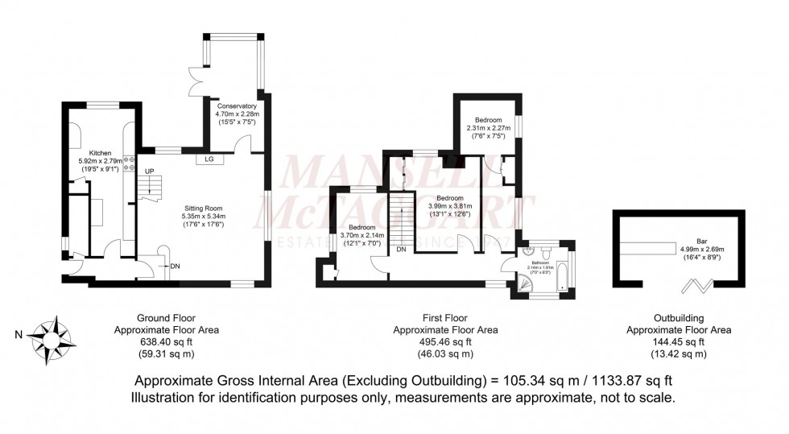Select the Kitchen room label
100,152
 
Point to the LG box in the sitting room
209,159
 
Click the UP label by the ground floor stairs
149,172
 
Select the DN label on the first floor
400,250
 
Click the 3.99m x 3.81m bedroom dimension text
449,206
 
